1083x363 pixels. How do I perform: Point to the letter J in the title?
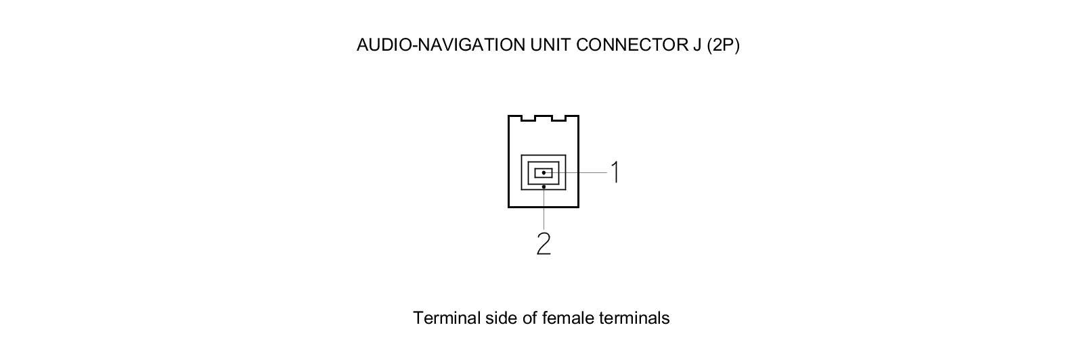click(x=697, y=45)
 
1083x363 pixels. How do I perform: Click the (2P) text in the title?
click(x=723, y=45)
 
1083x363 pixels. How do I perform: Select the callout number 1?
click(x=615, y=172)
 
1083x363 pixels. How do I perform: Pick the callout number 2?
click(x=544, y=244)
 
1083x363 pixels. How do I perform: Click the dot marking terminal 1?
click(x=544, y=173)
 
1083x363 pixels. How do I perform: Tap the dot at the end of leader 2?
click(x=544, y=187)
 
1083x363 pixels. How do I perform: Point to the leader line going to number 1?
click(x=582, y=173)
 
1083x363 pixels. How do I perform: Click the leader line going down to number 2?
click(x=544, y=210)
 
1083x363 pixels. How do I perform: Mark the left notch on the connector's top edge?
click(x=527, y=119)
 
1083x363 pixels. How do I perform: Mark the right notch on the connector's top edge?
click(x=559, y=119)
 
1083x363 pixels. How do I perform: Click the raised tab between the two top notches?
click(x=543, y=117)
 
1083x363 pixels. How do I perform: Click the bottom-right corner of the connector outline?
click(x=578, y=206)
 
